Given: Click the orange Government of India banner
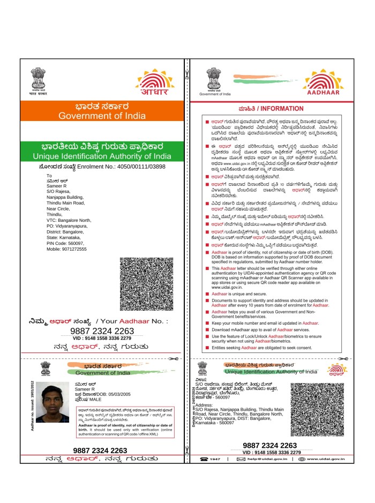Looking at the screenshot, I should (x=101, y=110).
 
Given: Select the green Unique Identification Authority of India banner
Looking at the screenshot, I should (x=101, y=151).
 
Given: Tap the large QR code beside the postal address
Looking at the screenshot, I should (x=146, y=284).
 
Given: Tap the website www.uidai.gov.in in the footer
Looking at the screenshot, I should (x=320, y=459).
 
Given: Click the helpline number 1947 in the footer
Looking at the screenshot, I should (x=215, y=459).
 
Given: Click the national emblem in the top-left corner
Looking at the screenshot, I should (x=38, y=80).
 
